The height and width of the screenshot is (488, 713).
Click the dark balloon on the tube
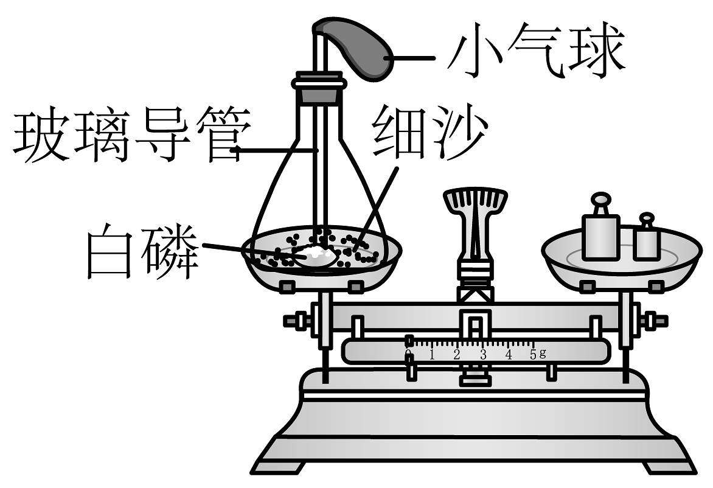click(x=359, y=47)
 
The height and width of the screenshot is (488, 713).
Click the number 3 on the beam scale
click(x=483, y=355)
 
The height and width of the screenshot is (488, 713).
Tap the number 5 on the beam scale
click(x=534, y=355)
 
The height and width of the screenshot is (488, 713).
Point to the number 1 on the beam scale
click(x=432, y=355)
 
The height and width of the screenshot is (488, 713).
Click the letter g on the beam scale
click(x=542, y=354)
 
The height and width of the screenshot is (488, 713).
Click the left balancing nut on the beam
click(x=293, y=321)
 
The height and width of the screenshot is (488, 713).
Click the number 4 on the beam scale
click(x=509, y=355)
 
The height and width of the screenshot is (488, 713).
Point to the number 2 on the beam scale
click(x=457, y=355)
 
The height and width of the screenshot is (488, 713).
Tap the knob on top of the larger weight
click(x=600, y=203)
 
